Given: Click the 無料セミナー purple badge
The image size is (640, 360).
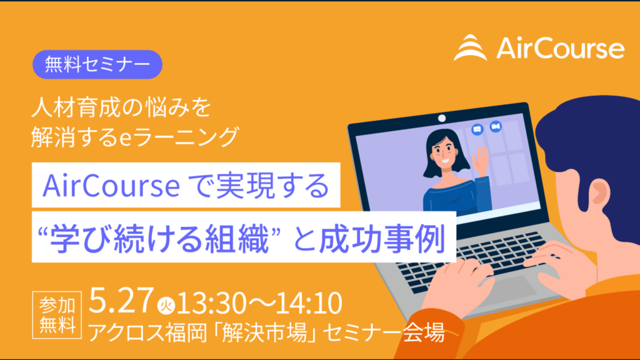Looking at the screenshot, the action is coord(97,64).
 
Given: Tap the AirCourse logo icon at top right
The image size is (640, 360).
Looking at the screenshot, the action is coord(471,47).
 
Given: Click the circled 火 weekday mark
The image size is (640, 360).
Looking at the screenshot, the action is coord(166,306).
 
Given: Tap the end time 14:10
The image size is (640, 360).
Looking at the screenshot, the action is coord(309,303).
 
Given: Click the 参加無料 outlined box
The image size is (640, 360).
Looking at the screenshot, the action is coord(57,315).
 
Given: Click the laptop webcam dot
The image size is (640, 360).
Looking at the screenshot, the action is coord(442,118).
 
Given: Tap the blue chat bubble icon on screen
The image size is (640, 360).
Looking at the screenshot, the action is coord(477,129).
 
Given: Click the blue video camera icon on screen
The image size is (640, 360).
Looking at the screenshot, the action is coord(496,126).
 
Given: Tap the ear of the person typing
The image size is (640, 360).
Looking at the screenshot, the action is coord(599,193).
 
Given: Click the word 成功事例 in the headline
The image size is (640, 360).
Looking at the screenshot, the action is coord(382,238).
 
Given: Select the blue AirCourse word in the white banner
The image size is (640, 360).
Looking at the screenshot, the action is coord(111,186).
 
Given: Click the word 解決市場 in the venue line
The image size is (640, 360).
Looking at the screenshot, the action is coord(265,332).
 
